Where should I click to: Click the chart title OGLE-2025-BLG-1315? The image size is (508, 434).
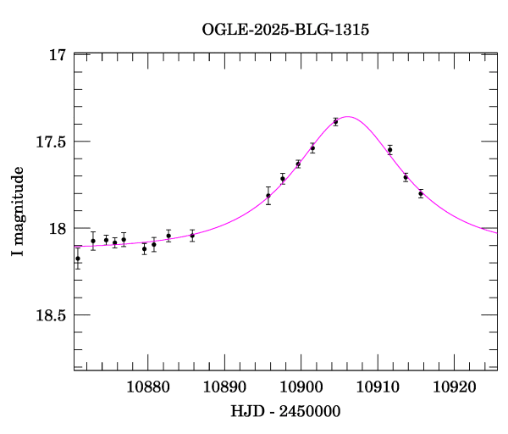pyautogui.click(x=285, y=29)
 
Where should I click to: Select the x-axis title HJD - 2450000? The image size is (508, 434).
pyautogui.click(x=285, y=411)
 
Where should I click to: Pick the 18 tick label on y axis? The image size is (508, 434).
pyautogui.click(x=58, y=229)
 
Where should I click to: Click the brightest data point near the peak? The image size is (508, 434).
pyautogui.click(x=336, y=121)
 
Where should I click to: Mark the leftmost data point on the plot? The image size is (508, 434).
pyautogui.click(x=78, y=259)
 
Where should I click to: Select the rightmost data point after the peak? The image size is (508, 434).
pyautogui.click(x=421, y=193)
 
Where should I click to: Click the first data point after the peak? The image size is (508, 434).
pyautogui.click(x=390, y=150)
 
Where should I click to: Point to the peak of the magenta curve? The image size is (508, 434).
pyautogui.click(x=347, y=117)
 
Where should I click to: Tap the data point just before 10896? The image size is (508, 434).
pyautogui.click(x=268, y=196)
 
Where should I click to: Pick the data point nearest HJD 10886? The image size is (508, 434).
pyautogui.click(x=192, y=235)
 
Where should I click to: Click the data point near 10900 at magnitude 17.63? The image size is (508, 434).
pyautogui.click(x=298, y=164)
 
